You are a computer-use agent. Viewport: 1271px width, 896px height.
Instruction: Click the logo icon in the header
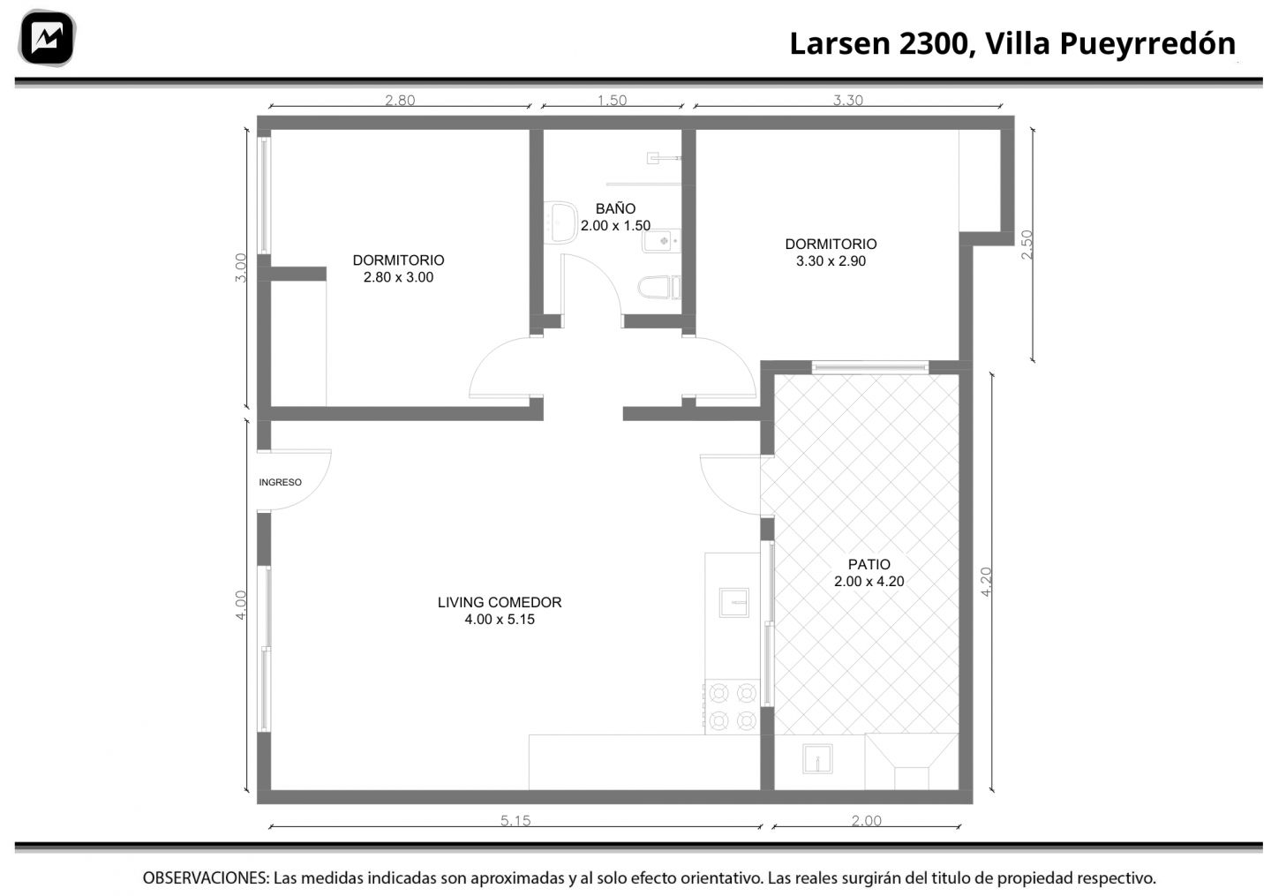[47, 38]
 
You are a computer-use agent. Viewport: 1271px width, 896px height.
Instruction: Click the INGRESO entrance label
[280, 482]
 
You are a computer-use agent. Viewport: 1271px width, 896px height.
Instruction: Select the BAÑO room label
[615, 208]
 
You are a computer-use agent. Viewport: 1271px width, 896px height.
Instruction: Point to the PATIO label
[869, 564]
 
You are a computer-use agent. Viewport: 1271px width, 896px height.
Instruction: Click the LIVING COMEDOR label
[500, 602]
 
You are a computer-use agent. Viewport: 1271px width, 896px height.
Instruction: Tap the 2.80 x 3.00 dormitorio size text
[398, 277]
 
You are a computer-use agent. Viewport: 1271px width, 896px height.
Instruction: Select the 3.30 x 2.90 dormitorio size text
[831, 261]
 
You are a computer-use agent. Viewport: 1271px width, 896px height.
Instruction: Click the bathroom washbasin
[560, 222]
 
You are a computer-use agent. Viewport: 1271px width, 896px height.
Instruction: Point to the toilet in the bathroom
[658, 288]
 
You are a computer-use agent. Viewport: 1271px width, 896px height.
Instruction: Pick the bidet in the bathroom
[661, 241]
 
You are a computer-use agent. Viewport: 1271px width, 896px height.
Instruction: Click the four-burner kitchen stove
[732, 707]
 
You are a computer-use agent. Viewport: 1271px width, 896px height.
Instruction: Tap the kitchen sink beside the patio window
[733, 602]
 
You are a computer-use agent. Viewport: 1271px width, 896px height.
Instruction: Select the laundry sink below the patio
[817, 758]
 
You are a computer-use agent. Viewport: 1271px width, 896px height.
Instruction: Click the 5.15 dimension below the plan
[515, 821]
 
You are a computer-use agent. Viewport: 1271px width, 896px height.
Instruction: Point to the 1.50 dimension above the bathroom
[612, 101]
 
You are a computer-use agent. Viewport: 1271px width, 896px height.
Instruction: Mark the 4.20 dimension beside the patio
[986, 582]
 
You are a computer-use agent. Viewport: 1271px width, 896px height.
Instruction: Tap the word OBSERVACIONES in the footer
[206, 877]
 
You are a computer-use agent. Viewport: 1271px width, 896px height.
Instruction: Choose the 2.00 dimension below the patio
[867, 821]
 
